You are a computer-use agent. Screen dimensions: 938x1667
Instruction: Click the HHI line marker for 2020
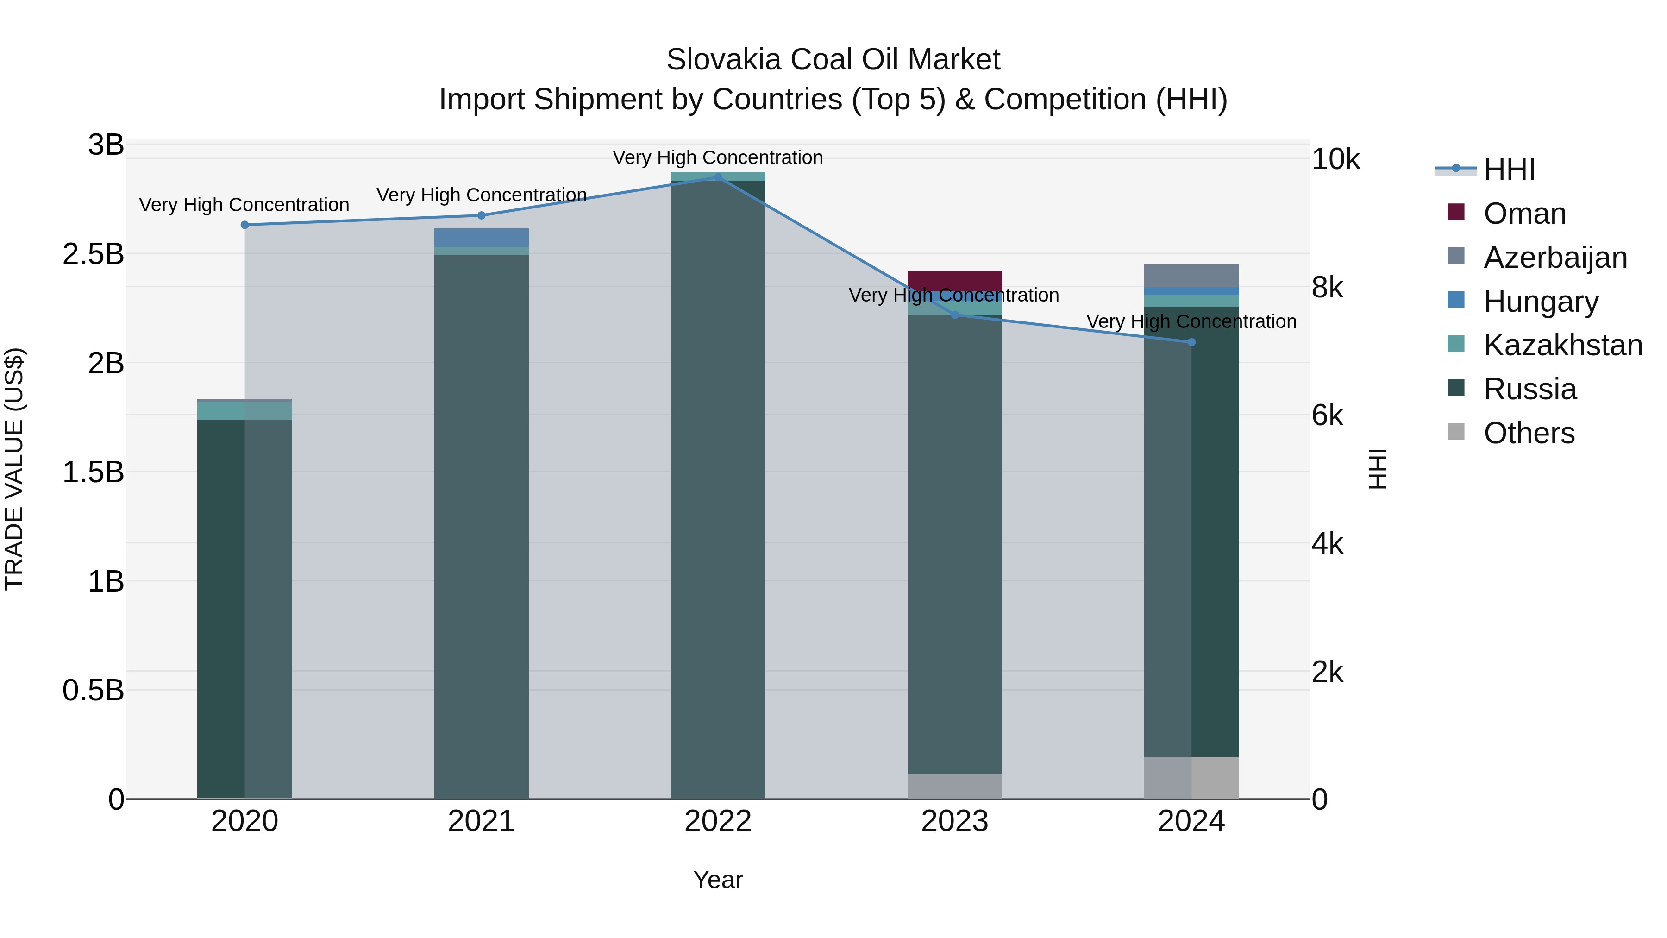click(244, 225)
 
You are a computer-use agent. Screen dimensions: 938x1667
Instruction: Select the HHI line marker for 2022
click(718, 177)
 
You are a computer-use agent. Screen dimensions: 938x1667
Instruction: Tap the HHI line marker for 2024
click(1191, 342)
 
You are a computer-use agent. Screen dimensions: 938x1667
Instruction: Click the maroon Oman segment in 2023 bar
click(954, 280)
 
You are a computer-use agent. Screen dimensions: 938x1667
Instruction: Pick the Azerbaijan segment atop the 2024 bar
click(1191, 275)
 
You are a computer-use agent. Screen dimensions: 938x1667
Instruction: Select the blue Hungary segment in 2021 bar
click(481, 237)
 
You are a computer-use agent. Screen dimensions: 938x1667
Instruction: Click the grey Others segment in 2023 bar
click(954, 786)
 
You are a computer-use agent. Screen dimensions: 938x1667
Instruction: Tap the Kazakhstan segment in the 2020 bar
click(244, 410)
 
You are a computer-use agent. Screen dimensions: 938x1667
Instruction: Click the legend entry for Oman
click(1524, 214)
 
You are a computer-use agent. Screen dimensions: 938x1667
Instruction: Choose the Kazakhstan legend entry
click(1562, 345)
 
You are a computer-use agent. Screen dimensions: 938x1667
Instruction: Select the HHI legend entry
click(1509, 170)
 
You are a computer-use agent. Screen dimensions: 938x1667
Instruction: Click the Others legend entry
click(1529, 433)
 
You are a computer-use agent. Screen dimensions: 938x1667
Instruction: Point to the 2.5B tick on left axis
click(93, 254)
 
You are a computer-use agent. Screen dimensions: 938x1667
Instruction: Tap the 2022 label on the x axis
click(718, 821)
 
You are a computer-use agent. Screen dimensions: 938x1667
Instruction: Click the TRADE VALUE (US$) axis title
click(14, 469)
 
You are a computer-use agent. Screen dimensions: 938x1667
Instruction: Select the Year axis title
click(718, 880)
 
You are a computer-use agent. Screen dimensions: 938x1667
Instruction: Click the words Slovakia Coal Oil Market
click(833, 60)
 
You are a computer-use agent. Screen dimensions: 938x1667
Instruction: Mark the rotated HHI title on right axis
click(1379, 469)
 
